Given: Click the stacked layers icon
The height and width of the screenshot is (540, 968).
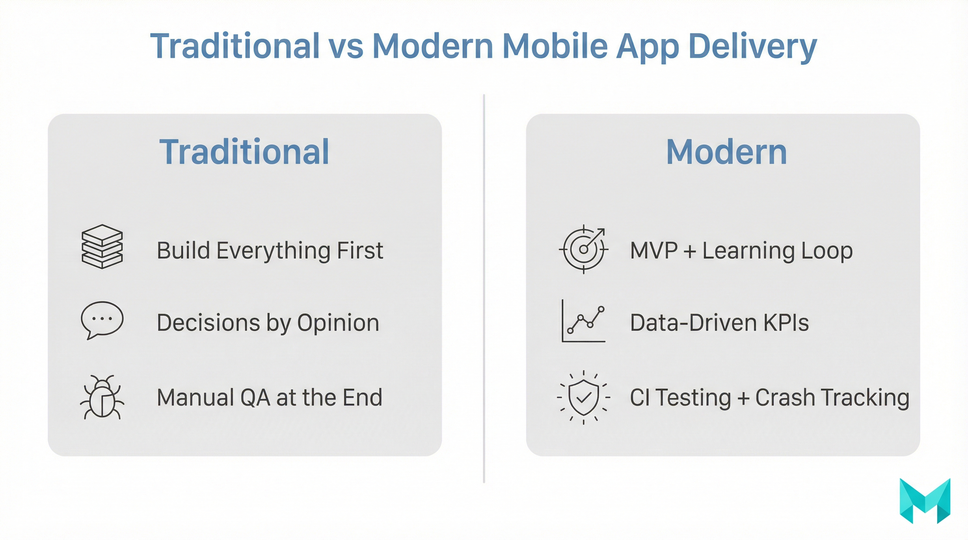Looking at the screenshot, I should pos(102,247).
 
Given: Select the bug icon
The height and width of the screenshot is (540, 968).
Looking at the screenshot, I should pos(102,398).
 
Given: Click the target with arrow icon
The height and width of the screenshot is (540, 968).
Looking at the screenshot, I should pos(583,249).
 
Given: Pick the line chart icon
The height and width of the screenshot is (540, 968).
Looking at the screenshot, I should pos(583,321).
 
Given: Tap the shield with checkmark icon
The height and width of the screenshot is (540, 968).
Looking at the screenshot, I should pos(583,397).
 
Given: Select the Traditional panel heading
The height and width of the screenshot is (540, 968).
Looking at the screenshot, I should pos(244,152).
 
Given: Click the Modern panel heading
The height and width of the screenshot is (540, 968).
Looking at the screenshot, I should pos(726,152).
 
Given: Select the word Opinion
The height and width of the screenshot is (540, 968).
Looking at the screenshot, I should pos(338,323).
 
